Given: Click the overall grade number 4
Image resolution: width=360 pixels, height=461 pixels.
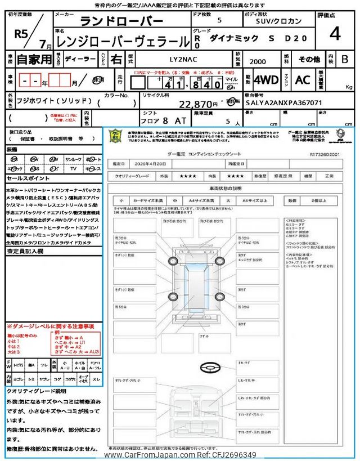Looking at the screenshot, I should (x=335, y=34).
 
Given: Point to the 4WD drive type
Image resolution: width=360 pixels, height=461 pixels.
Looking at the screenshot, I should (x=266, y=80).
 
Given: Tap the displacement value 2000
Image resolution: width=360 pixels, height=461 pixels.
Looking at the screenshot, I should (x=259, y=60).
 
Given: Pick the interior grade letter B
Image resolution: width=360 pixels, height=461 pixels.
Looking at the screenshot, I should (x=345, y=59).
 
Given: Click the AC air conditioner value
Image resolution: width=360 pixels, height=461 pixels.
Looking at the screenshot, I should (x=302, y=80).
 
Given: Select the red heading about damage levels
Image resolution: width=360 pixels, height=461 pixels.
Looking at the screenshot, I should (x=50, y=326).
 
